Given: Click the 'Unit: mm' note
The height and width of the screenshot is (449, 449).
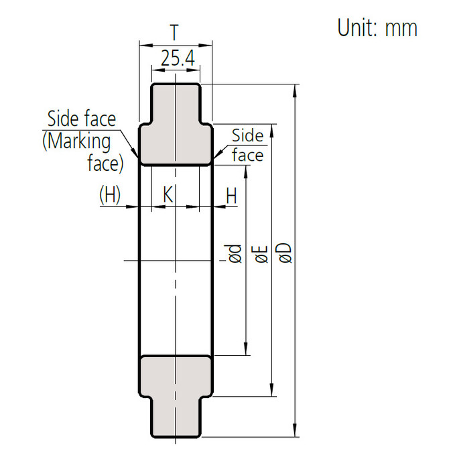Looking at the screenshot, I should (377, 27).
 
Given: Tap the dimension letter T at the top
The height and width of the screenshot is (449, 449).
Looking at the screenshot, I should (174, 33).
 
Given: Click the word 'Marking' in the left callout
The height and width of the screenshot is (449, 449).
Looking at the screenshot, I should (77, 141).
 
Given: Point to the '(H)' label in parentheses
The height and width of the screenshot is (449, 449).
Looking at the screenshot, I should (110, 195).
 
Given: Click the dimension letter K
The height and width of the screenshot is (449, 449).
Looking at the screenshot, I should (168, 195).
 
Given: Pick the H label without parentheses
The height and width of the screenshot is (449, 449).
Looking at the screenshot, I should (231, 195).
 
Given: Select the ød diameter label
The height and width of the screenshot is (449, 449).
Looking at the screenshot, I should (235, 254).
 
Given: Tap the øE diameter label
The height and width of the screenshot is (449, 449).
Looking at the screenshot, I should (261, 254).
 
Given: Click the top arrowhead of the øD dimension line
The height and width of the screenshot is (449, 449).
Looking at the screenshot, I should (296, 89).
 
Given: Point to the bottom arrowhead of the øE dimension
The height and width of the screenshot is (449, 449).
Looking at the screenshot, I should (271, 391).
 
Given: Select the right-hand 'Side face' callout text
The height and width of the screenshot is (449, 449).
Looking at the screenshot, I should (247, 145).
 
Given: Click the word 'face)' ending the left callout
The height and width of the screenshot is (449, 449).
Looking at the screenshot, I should (105, 163).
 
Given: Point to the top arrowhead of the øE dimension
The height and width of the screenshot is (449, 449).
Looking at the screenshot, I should (271, 128).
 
